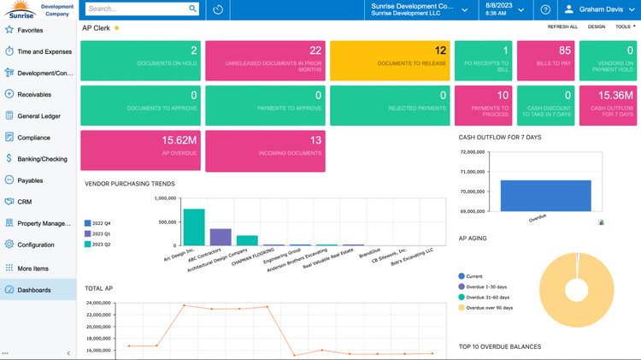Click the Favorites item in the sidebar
[30, 30]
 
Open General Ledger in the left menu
[38, 115]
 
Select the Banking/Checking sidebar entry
[42, 158]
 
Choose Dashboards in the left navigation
[34, 290]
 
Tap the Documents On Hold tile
[141, 56]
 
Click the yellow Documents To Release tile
[390, 56]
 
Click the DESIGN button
[596, 27]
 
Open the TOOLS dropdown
[624, 27]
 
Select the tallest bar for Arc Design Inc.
[193, 227]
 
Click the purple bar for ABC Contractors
[221, 237]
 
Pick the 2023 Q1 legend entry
[100, 233]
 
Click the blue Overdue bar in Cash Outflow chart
[545, 195]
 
